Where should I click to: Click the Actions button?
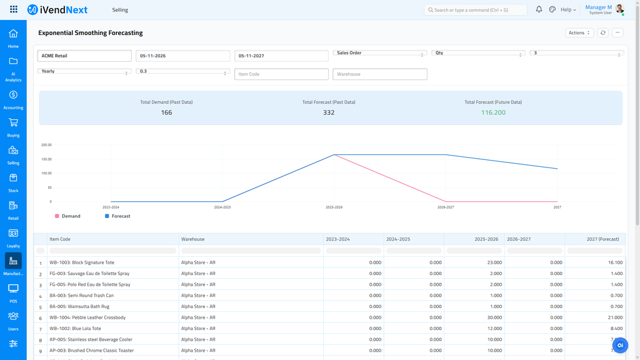coord(579,32)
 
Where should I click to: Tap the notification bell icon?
coord(539,9)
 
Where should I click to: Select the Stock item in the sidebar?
coord(13,182)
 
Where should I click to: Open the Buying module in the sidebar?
coord(13,127)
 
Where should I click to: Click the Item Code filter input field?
coord(281,74)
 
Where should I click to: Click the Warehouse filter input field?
coord(379,74)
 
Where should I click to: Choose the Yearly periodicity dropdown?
coord(84,71)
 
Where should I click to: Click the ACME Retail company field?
coord(84,56)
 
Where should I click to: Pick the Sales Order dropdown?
coord(379,53)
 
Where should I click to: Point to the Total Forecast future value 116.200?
coord(493,112)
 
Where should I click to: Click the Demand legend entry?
coord(67,216)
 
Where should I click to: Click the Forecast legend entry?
coord(117,216)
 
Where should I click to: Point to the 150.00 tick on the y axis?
coord(46,159)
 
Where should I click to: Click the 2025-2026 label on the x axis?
coord(334,207)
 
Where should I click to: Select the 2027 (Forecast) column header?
coord(602,239)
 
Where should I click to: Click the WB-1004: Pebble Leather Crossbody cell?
coord(87,317)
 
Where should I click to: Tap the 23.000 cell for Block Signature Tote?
coord(495,262)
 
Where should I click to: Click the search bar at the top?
coord(476,10)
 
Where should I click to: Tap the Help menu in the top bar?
coord(568,10)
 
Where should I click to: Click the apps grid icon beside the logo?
coord(14,9)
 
